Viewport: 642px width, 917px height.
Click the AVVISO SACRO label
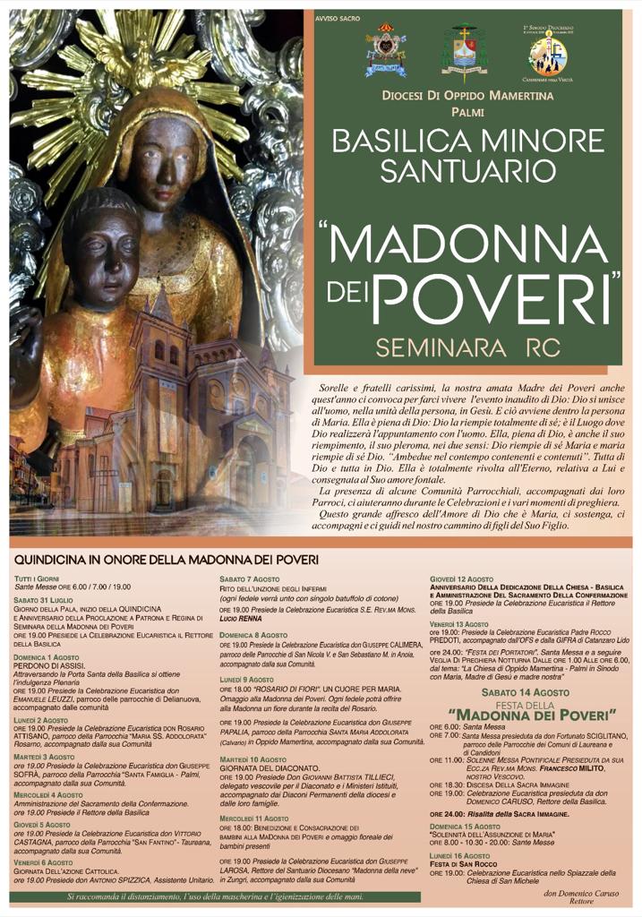click(x=334, y=18)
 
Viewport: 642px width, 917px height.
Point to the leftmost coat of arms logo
click(x=385, y=51)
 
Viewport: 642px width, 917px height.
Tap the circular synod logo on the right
click(x=548, y=54)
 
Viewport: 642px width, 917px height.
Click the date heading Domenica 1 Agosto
click(x=47, y=657)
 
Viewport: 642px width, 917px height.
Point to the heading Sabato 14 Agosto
click(x=524, y=692)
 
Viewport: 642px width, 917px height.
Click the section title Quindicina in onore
click(x=167, y=560)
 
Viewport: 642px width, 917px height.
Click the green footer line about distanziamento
click(x=215, y=896)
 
